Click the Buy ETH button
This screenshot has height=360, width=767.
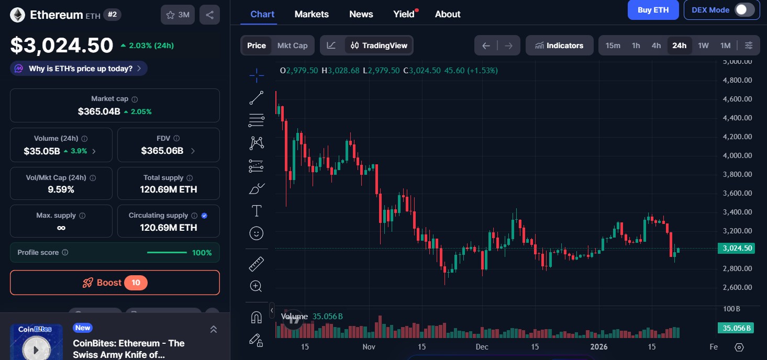pyautogui.click(x=653, y=10)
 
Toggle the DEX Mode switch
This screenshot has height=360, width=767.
pyautogui.click(x=744, y=10)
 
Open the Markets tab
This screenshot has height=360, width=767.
pyautogui.click(x=312, y=14)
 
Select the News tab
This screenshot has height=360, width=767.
pyautogui.click(x=361, y=14)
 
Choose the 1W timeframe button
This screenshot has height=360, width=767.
pyautogui.click(x=703, y=46)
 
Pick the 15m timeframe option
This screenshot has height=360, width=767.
pyautogui.click(x=613, y=46)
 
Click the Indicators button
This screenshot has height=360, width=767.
pyautogui.click(x=559, y=46)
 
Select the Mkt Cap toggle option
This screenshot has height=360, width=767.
pyautogui.click(x=292, y=46)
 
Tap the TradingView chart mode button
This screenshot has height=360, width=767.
pyautogui.click(x=379, y=46)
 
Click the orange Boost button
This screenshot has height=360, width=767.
pyautogui.click(x=115, y=283)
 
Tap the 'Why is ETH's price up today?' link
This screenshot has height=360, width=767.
pyautogui.click(x=79, y=69)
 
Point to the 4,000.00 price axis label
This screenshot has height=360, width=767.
pyautogui.click(x=737, y=155)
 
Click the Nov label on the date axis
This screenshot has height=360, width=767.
pyautogui.click(x=369, y=347)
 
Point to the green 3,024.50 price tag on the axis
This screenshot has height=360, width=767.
pyautogui.click(x=736, y=249)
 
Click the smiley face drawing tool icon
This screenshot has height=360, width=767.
pyautogui.click(x=257, y=233)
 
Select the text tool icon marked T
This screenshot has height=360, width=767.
pyautogui.click(x=257, y=211)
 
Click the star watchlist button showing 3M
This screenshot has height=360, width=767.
pyautogui.click(x=177, y=15)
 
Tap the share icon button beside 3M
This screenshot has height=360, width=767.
pyautogui.click(x=210, y=15)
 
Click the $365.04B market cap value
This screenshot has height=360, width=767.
pyautogui.click(x=99, y=111)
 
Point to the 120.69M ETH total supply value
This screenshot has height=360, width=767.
pyautogui.click(x=169, y=189)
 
